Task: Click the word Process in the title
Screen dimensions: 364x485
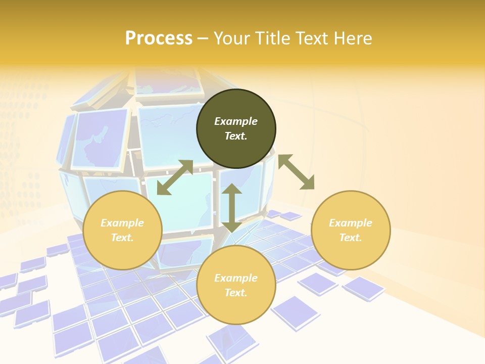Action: click(x=159, y=38)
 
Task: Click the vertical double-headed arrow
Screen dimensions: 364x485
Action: click(x=231, y=208)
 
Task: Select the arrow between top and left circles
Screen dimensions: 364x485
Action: click(x=175, y=177)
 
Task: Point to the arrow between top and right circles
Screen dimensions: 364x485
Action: click(x=296, y=172)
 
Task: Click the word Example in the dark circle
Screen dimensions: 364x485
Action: click(x=236, y=121)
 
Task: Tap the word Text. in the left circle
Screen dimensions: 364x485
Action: click(x=122, y=238)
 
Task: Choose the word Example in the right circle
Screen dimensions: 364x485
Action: click(x=351, y=223)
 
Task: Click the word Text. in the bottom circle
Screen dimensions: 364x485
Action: click(x=236, y=293)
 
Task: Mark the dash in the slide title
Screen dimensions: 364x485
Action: click(x=203, y=38)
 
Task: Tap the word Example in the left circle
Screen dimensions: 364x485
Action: click(x=122, y=223)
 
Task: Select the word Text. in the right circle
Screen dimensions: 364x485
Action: click(x=351, y=238)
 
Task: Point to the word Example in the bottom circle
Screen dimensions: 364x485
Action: click(x=236, y=278)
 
